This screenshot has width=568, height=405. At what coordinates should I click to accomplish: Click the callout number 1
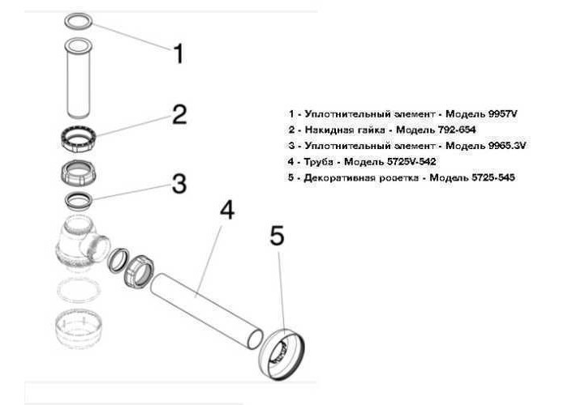click(x=179, y=54)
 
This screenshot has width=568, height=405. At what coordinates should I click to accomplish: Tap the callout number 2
click(x=179, y=115)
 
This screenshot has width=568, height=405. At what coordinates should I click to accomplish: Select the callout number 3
click(x=179, y=183)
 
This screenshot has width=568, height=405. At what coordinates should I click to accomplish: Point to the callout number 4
click(x=227, y=211)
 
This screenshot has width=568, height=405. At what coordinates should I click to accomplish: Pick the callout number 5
click(x=277, y=237)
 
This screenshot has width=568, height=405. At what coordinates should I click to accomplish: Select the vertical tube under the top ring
click(x=78, y=78)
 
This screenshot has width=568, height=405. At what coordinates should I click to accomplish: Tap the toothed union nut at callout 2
click(x=78, y=139)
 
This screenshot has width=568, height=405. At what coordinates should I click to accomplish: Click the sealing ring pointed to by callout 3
click(x=78, y=200)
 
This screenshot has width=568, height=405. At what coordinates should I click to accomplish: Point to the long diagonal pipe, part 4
click(x=206, y=310)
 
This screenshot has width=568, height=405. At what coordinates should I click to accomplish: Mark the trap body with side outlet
click(x=82, y=242)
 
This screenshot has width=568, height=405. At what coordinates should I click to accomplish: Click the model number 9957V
click(x=503, y=114)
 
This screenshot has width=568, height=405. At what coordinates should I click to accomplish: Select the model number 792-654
click(x=456, y=130)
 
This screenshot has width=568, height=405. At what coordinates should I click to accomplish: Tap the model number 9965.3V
click(x=507, y=145)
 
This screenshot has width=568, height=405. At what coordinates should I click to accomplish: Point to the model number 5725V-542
click(x=411, y=161)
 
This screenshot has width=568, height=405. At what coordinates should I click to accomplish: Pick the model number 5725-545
click(x=493, y=177)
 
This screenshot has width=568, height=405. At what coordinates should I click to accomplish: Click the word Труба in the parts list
click(x=319, y=162)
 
